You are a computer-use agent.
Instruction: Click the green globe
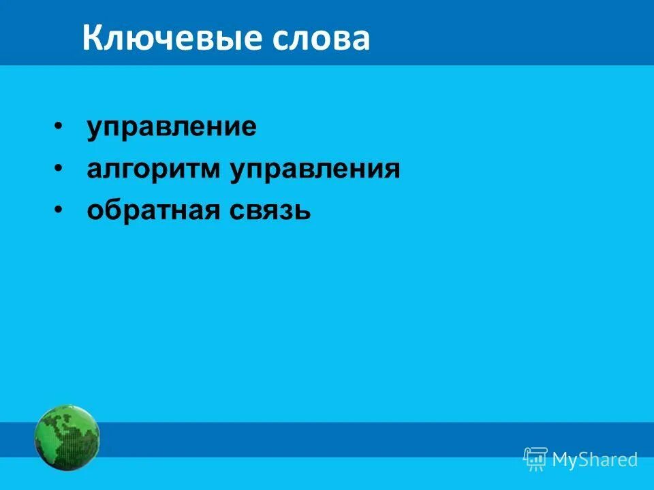point(67,437)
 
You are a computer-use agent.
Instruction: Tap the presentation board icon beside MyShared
point(535,459)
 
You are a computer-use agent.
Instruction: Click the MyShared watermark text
point(595,459)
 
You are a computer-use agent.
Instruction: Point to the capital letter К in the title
point(91,39)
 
